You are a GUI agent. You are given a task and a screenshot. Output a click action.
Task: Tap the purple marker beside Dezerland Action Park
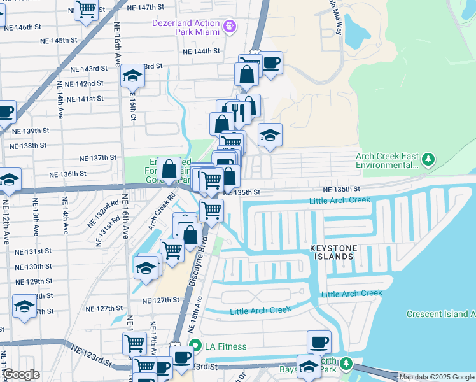coord(230,27)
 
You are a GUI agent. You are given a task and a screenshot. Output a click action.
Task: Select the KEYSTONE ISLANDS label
coord(331,251)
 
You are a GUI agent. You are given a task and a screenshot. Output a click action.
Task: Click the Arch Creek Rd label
coord(162,213)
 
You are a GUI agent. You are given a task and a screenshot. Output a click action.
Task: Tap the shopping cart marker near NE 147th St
coord(86,10)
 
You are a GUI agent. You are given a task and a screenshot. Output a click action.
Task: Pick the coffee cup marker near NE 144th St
coord(271,62)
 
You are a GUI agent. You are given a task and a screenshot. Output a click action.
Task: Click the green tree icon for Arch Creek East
coord(429,158)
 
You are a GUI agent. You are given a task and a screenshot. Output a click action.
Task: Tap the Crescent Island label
coord(440,314)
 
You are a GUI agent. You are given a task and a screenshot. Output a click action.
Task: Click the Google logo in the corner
coord(22,374)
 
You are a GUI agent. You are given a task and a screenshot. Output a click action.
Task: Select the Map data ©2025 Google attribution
coord(437,377)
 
